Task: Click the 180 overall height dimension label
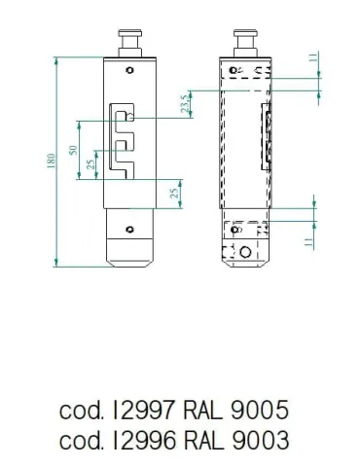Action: tap(52, 161)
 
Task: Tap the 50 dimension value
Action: tap(74, 150)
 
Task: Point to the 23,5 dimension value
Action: tap(186, 104)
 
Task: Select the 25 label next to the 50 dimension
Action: tap(91, 164)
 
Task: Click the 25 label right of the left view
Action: tap(175, 194)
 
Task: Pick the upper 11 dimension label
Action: tap(313, 58)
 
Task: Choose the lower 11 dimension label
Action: tap(309, 242)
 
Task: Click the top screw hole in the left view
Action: tap(129, 70)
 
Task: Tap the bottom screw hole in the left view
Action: tap(129, 230)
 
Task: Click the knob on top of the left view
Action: tap(129, 43)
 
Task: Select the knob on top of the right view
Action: tap(245, 43)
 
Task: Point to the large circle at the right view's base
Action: tap(245, 252)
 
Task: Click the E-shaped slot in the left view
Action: tap(122, 141)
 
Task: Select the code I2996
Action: tap(144, 440)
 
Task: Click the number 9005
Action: tap(260, 410)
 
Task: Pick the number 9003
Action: tap(260, 440)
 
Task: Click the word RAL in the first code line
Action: tap(203, 410)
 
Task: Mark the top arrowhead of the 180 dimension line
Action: tap(56, 60)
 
